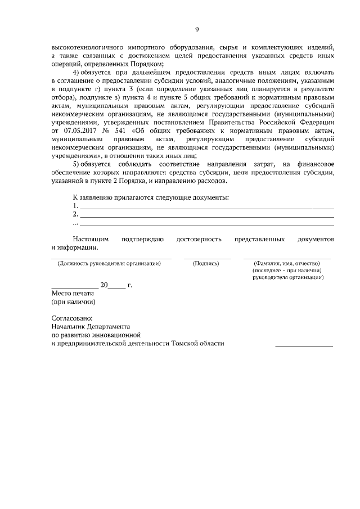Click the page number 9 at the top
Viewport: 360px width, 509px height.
(x=197, y=30)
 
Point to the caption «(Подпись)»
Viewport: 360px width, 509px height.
(x=205, y=263)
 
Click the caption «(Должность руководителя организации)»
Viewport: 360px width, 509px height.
(x=109, y=263)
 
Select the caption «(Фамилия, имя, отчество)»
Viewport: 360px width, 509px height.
(x=287, y=263)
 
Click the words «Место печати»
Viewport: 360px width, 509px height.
(x=72, y=293)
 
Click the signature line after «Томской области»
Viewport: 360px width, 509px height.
(x=304, y=345)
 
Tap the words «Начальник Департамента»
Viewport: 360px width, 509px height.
(x=91, y=327)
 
